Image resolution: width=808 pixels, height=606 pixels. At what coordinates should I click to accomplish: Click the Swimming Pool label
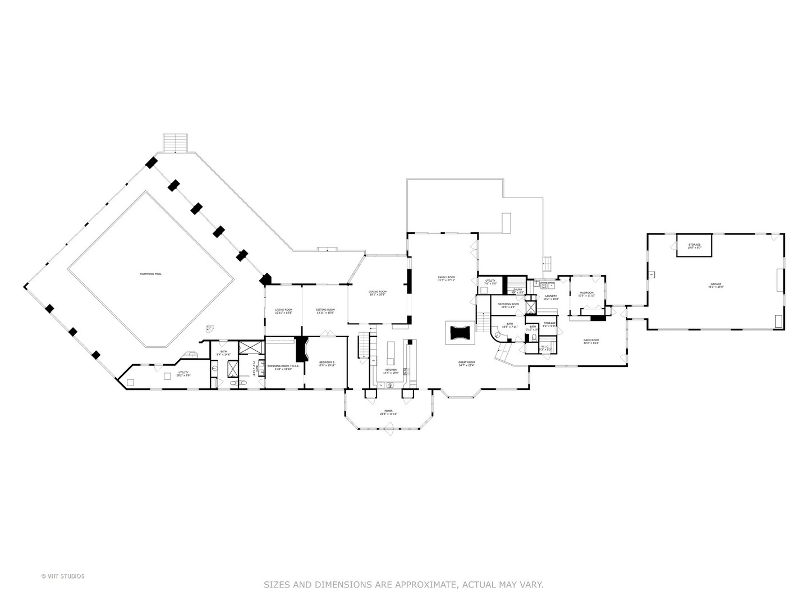coord(151,274)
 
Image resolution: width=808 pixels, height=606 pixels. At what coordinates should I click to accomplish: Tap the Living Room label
coord(283,310)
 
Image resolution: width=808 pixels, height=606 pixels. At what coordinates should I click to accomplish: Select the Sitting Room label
coord(325,310)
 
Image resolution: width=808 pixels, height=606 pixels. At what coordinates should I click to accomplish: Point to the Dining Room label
coord(378,292)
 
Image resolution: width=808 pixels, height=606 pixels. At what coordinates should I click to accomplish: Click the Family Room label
coord(447,278)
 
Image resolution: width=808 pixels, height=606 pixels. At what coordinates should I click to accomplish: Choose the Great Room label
coord(467,362)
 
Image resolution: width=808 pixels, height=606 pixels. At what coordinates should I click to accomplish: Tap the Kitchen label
coord(391,370)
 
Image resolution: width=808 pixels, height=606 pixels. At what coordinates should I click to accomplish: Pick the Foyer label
coord(388,411)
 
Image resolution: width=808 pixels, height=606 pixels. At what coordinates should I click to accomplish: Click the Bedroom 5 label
coord(327,362)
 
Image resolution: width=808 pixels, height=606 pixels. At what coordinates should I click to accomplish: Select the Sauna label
coord(517,290)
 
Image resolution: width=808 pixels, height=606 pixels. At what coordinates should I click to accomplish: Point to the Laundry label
coord(551,296)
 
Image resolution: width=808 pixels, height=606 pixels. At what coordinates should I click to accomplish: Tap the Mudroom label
coord(586,292)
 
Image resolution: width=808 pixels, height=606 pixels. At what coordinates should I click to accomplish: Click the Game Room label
coord(591,340)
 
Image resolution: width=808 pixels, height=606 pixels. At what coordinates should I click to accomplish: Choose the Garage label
coord(715,284)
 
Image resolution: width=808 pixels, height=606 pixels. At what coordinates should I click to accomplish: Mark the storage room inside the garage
coord(695,245)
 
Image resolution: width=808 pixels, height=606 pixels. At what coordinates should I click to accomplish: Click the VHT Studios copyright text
coord(63,576)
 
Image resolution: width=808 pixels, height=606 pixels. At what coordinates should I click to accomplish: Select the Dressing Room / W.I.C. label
coord(283,366)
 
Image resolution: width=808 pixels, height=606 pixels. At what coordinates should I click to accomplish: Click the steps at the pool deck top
coord(176,143)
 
